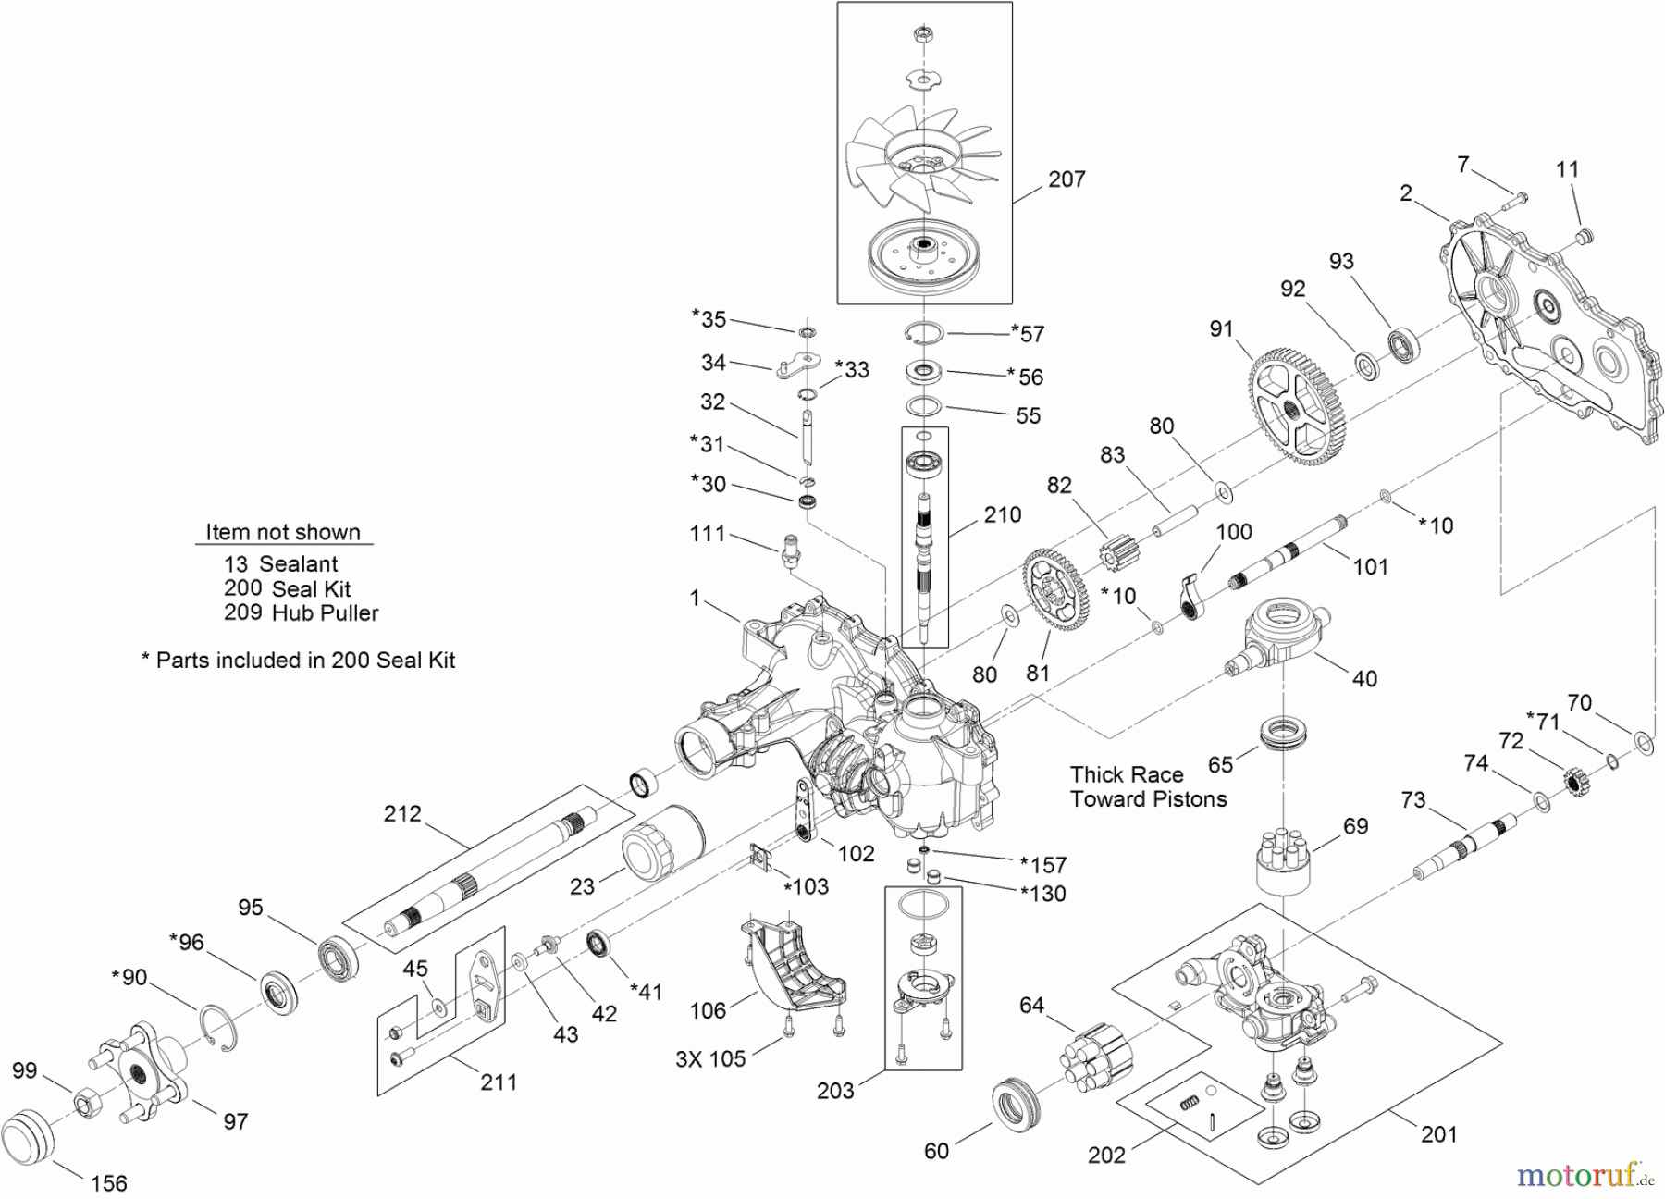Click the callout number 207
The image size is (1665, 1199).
point(1066,179)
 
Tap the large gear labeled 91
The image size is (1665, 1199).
point(1301,406)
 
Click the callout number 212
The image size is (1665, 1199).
point(402,814)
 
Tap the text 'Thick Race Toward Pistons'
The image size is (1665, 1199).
point(1148,787)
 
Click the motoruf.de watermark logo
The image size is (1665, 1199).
point(1583,1175)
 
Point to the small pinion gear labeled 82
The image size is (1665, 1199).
point(1117,557)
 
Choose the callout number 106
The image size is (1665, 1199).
point(708,1010)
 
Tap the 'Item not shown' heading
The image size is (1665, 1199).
point(283,532)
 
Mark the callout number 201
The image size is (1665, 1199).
point(1438,1134)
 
